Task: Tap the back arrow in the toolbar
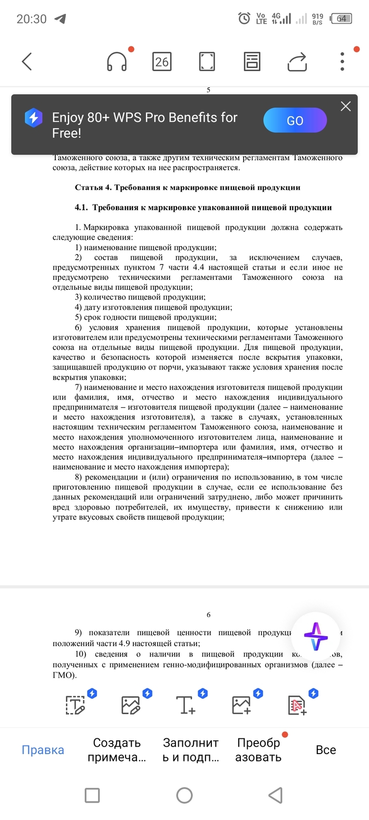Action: [x=27, y=62]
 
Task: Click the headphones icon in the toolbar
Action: [x=116, y=62]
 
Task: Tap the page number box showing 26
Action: [x=161, y=62]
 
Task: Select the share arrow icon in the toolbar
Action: [x=297, y=62]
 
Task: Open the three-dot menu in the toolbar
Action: [x=342, y=62]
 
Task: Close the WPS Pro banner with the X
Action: [x=345, y=106]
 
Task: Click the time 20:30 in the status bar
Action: [x=32, y=19]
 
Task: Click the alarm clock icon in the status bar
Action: [x=244, y=19]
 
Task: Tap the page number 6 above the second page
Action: [x=208, y=615]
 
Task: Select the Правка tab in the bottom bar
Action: [x=43, y=750]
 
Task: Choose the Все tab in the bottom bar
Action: [x=326, y=750]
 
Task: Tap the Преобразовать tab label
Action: [x=258, y=750]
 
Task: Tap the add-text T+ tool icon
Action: [x=186, y=705]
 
